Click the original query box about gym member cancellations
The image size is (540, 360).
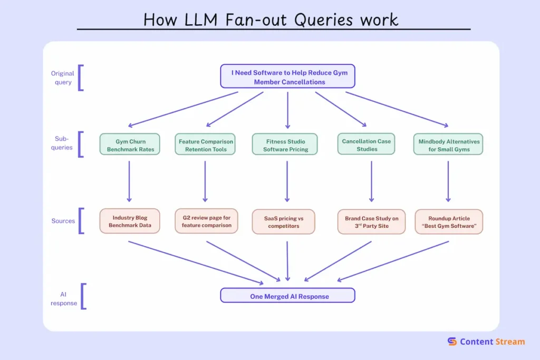287,76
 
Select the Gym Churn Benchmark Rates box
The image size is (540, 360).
130,145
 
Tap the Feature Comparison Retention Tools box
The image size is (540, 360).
206,145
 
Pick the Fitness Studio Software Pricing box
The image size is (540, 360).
285,145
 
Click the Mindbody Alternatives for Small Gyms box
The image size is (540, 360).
449,145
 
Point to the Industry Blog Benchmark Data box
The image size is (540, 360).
130,221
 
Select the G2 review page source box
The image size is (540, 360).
206,221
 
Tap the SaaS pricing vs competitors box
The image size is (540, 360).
283,221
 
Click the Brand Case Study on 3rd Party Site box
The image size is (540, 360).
372,221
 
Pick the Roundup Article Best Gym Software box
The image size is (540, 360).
449,221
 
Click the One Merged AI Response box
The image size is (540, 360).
288,296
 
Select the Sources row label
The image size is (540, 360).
63,221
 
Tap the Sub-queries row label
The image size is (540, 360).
62,143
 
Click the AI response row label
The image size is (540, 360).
64,298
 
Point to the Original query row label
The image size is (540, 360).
63,77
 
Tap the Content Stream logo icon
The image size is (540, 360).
452,342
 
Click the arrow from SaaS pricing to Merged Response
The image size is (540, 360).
287,260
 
